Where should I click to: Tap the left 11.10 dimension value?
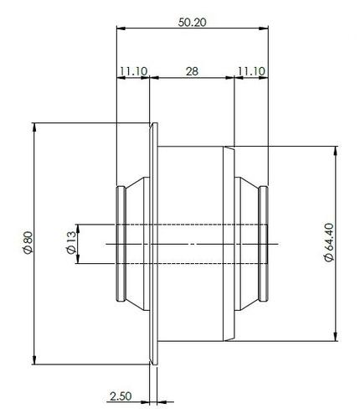(x=132, y=73)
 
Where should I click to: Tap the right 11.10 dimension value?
(x=250, y=73)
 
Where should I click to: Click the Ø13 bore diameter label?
(x=69, y=244)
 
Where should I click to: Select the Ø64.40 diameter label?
(x=328, y=243)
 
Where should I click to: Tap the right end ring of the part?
(x=264, y=243)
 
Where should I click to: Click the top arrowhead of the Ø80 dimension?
(x=34, y=127)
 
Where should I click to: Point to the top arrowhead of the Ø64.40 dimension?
(x=336, y=150)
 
